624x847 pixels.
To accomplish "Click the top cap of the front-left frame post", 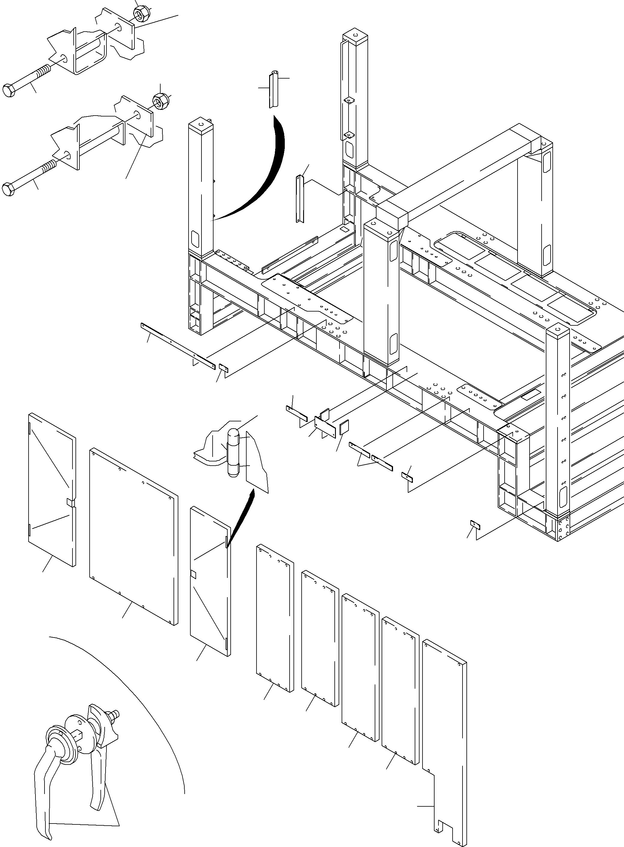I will tap(201, 124).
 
